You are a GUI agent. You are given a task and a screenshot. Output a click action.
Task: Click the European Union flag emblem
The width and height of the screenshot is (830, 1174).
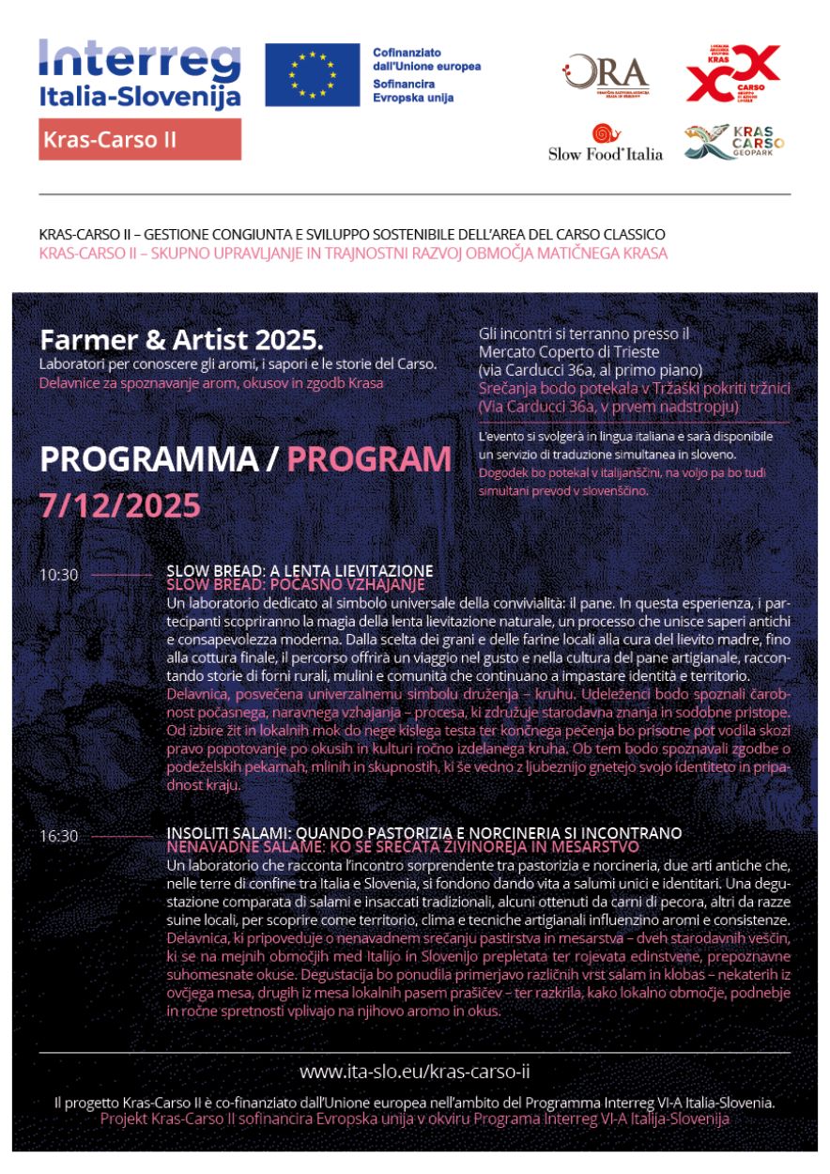312,75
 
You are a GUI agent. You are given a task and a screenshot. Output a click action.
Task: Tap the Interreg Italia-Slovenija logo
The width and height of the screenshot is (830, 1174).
140,73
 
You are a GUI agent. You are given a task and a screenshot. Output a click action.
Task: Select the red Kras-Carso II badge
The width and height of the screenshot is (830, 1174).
140,140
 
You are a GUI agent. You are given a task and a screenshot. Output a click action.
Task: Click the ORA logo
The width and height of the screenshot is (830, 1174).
606,74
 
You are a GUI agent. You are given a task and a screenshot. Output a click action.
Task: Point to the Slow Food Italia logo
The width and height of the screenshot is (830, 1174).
606,144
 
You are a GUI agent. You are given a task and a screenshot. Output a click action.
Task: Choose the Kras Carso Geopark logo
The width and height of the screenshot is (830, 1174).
733,143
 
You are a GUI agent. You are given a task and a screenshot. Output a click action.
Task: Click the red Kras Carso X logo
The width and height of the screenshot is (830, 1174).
732,73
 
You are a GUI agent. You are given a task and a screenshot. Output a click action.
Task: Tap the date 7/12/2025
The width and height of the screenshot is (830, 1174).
119,505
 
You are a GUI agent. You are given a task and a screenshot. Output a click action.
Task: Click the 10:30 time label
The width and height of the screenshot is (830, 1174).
58,575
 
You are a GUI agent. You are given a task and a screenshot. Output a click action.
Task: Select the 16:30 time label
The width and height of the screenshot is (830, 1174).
58,836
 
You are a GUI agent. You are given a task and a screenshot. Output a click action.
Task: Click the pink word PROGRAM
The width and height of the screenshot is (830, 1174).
369,459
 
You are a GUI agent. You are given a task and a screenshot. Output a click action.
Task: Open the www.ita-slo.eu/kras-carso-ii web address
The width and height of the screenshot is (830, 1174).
421,1071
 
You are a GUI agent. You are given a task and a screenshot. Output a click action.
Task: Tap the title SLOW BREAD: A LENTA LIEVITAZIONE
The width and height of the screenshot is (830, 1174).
300,570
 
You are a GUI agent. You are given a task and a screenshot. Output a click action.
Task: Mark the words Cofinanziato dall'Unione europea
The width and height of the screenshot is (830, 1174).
425,60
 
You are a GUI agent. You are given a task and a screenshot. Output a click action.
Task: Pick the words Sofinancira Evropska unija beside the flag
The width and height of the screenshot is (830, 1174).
413,90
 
